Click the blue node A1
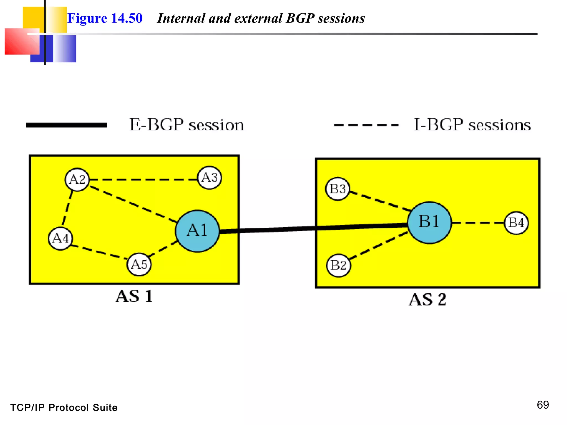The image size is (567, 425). click(197, 231)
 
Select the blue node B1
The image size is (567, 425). click(429, 222)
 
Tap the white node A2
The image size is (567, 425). click(77, 180)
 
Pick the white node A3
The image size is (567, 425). click(210, 178)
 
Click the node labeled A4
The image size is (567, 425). click(60, 238)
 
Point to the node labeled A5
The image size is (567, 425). click(139, 265)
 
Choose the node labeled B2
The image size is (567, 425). click(338, 265)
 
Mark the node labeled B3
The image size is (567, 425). click(337, 189)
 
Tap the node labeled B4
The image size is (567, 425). click(516, 223)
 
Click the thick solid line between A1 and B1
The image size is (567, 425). click(313, 228)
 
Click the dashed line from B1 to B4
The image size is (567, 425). click(478, 222)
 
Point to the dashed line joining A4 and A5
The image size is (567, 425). click(98, 252)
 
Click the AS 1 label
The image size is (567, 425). click(134, 296)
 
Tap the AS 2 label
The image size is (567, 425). click(428, 300)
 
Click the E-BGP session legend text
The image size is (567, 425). click(187, 125)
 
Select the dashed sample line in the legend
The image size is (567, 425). click(366, 125)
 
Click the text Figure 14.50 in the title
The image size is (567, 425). click(105, 19)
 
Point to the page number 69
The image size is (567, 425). click(543, 405)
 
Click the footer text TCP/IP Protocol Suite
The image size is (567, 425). click(64, 408)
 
